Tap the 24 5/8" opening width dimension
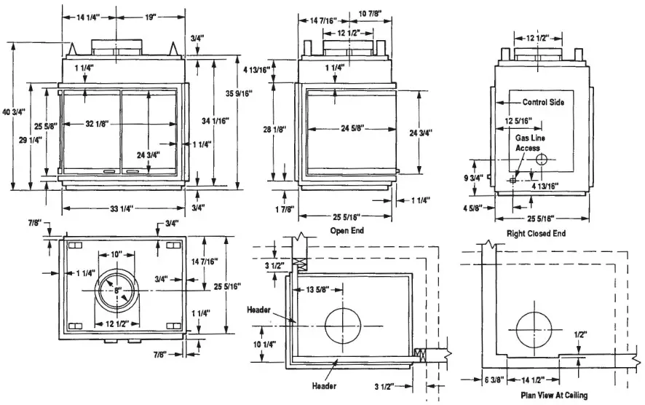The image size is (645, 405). click(x=349, y=128)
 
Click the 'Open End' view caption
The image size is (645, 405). click(x=347, y=230)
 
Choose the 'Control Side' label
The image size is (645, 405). click(x=543, y=103)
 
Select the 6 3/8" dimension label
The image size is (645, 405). click(x=494, y=380)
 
